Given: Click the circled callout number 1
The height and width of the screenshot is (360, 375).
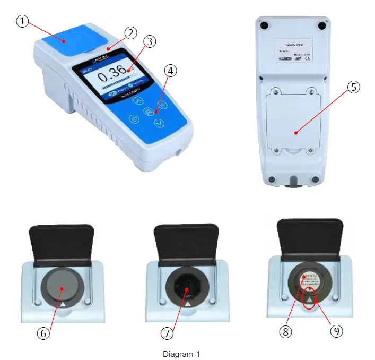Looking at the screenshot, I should [21, 22].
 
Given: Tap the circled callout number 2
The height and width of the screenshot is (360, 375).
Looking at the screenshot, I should [130, 33].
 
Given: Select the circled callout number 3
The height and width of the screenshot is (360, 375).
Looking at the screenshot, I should [150, 41].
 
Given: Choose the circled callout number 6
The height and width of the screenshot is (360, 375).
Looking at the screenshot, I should [44, 333].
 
